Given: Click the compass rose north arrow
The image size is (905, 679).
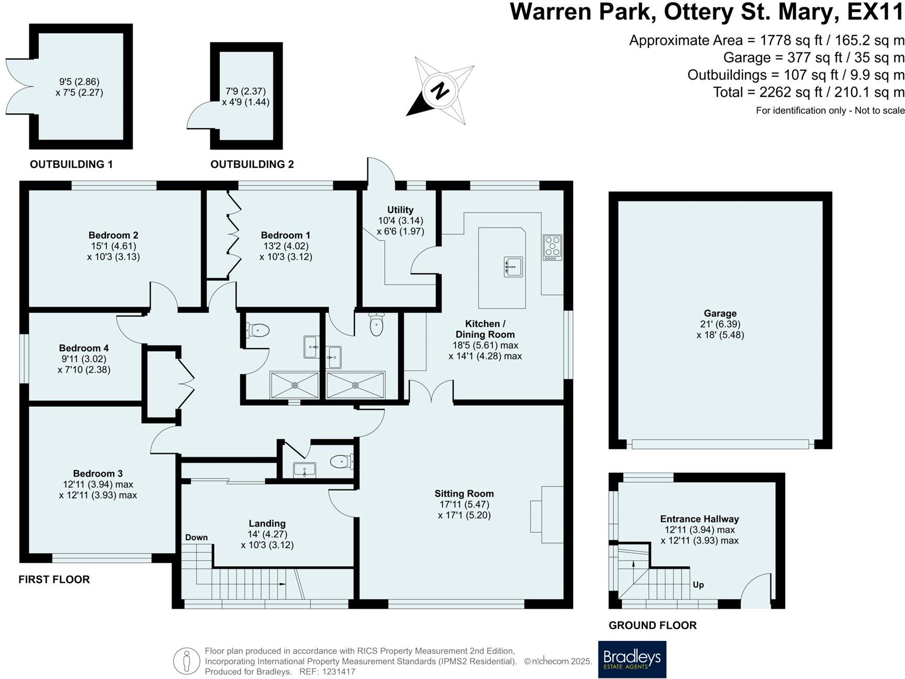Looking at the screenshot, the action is (x=440, y=91).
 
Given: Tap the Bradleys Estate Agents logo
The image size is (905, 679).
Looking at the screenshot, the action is (x=632, y=659).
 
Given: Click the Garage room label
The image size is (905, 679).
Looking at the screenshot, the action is (x=720, y=314).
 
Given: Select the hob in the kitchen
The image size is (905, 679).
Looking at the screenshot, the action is (x=552, y=248).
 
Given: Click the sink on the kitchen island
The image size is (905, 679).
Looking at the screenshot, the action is (x=512, y=266).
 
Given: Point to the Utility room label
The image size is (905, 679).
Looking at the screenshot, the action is (x=400, y=209).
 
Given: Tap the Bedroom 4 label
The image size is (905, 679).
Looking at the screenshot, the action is (x=84, y=348).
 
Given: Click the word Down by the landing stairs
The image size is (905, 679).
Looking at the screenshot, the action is (x=196, y=537).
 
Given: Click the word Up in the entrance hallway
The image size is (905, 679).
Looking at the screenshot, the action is (x=698, y=585).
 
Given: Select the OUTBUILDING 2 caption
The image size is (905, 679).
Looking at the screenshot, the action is (x=252, y=164).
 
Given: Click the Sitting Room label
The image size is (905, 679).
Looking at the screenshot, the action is (x=464, y=493).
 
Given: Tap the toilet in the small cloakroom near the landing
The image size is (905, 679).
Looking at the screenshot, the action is (x=341, y=461).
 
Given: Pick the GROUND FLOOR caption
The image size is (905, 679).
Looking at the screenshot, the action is (x=652, y=625).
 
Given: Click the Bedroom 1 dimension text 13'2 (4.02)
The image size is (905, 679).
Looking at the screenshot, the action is (x=286, y=246).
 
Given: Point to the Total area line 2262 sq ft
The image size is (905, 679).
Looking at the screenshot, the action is (x=809, y=92).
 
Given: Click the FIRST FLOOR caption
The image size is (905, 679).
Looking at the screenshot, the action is (x=54, y=580).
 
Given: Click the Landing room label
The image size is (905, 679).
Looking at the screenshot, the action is (x=267, y=524).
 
